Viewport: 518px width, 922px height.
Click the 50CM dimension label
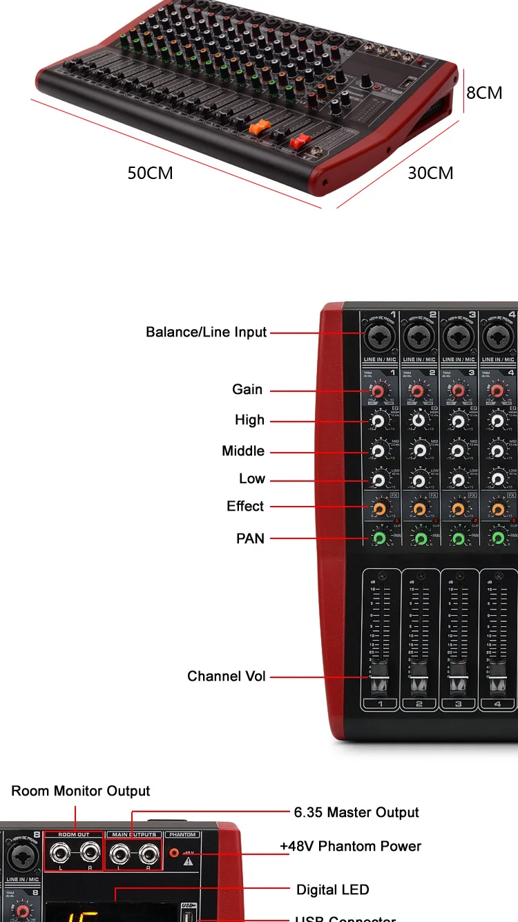pyautogui.click(x=150, y=173)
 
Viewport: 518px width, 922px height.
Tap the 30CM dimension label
pyautogui.click(x=430, y=173)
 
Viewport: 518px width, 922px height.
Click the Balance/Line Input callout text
pyautogui.click(x=206, y=332)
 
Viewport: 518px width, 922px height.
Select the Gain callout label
pyautogui.click(x=247, y=390)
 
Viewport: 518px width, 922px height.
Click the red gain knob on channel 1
pyautogui.click(x=378, y=392)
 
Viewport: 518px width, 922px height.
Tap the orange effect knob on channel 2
pyautogui.click(x=419, y=509)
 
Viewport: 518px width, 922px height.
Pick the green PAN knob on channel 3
pyautogui.click(x=458, y=538)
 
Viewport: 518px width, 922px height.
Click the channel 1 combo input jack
pyautogui.click(x=378, y=338)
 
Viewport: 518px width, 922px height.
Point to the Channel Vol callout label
pyautogui.click(x=226, y=676)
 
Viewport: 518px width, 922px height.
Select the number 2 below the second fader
pyautogui.click(x=419, y=704)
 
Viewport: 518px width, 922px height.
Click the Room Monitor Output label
pyautogui.click(x=80, y=791)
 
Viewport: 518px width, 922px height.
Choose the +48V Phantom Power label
pyautogui.click(x=350, y=846)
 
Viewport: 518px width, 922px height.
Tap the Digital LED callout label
pyautogui.click(x=332, y=890)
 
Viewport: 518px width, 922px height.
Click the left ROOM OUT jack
pyautogui.click(x=61, y=854)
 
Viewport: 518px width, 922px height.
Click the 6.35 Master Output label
pyautogui.click(x=356, y=812)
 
